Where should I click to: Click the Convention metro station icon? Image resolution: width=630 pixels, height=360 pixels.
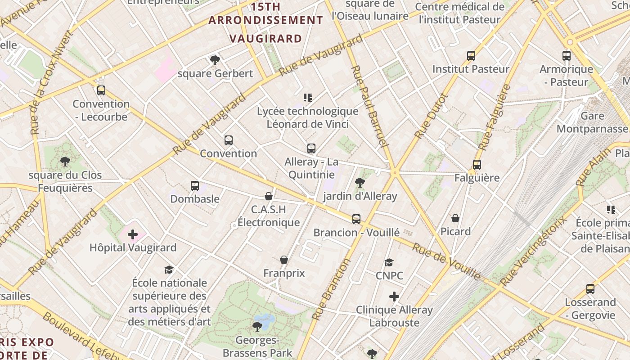tap(229, 140)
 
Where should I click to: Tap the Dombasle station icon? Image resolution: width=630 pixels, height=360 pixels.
tap(195, 185)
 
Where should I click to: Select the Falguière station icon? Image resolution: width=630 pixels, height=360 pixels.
tap(477, 165)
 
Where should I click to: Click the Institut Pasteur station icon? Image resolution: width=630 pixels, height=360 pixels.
tap(471, 56)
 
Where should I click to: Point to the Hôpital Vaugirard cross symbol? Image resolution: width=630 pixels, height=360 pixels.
tap(133, 234)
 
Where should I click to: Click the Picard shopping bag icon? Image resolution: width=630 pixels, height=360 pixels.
tap(455, 219)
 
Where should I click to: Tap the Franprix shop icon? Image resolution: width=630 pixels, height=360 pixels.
tap(284, 260)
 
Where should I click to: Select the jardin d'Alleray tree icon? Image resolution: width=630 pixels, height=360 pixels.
tap(360, 182)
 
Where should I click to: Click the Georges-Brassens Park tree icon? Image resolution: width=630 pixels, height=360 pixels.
tap(257, 326)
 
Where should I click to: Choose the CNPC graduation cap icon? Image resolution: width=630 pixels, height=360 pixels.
tap(389, 262)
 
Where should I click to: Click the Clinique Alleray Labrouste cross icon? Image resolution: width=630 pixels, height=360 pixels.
tap(394, 297)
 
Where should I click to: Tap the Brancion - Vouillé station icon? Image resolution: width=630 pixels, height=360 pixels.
tap(356, 219)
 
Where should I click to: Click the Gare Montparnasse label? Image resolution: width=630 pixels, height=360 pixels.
tap(592, 122)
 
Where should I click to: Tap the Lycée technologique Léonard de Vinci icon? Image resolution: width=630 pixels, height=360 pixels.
tap(308, 98)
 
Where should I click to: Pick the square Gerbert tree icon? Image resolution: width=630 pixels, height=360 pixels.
tap(215, 60)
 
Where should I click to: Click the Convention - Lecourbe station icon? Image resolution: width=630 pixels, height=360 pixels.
tap(101, 90)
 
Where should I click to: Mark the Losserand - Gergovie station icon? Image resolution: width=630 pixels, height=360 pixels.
tap(590, 289)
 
